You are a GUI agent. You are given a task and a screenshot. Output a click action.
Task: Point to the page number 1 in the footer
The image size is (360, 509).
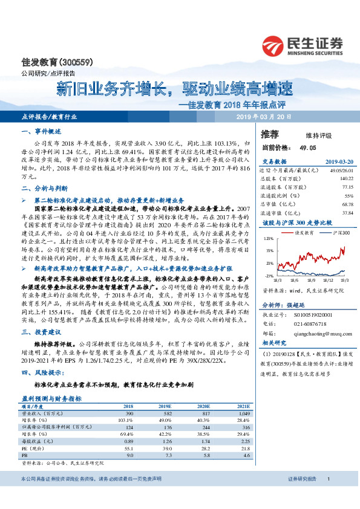[327, 496]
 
